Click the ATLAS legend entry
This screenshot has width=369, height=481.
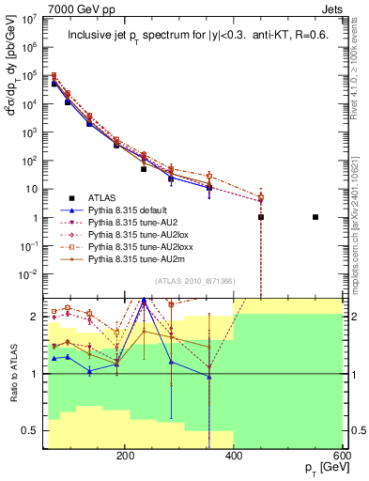coord(104,198)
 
